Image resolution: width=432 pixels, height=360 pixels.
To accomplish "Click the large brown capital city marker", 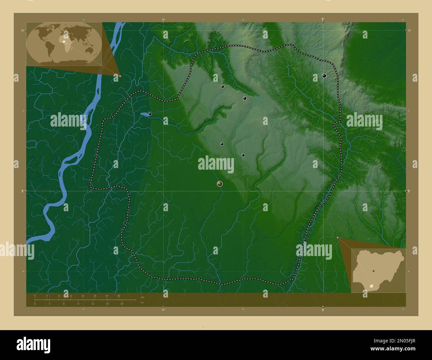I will tap(220, 184).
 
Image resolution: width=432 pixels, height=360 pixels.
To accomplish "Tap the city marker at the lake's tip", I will tap(150, 114).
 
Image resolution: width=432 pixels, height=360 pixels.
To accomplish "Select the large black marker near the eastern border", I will tap(324, 76).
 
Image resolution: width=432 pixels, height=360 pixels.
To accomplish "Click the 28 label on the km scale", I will tap(119, 296).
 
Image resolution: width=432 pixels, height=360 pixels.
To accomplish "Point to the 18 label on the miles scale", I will tap(122, 304).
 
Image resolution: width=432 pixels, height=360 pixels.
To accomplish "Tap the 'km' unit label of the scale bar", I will tap(143, 297).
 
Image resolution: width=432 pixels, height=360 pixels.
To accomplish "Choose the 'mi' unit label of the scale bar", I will tap(142, 303).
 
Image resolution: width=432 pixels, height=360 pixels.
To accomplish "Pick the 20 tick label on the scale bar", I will tap(95, 296).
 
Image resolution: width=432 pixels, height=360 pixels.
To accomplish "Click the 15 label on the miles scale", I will tap(107, 304).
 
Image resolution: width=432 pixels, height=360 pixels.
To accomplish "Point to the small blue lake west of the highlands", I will tap(144, 115).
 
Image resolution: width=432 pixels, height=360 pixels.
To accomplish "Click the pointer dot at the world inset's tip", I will tap(120, 76).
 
